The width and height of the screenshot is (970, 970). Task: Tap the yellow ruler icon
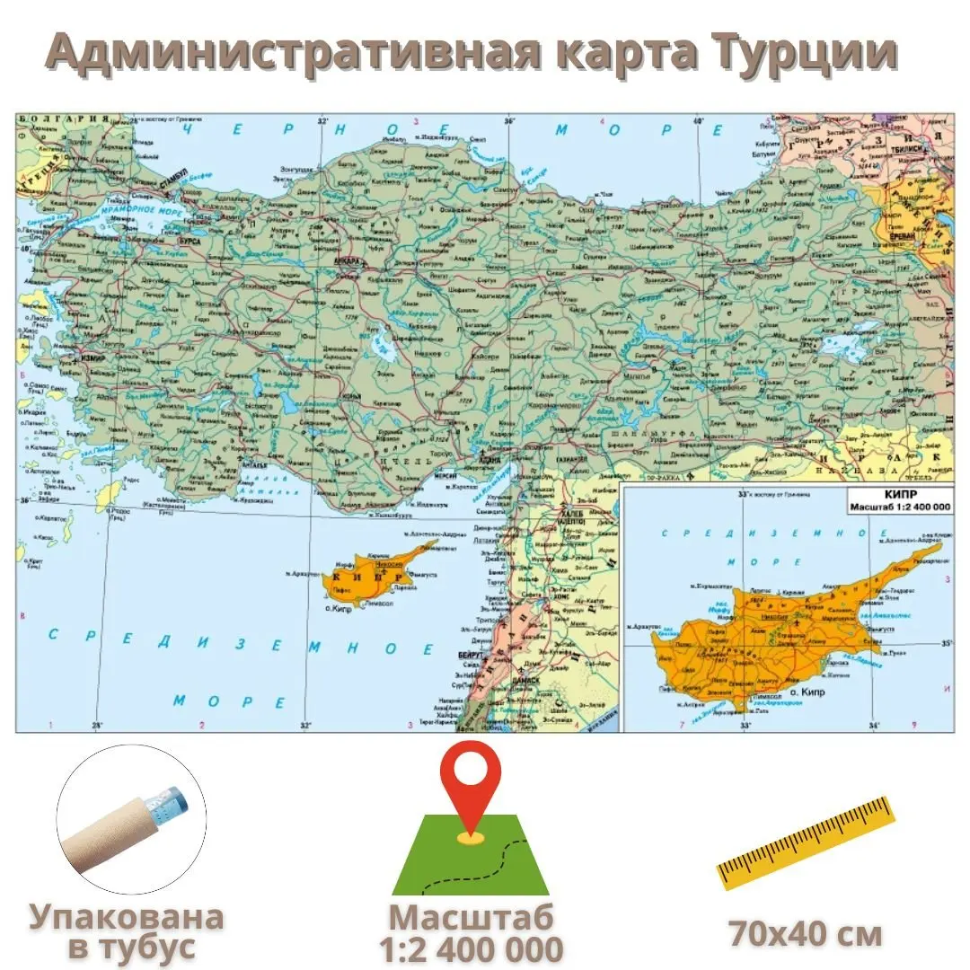tap(806, 842)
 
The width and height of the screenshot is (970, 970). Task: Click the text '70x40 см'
tap(805, 934)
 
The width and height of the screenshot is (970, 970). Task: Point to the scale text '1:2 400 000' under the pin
tap(471, 949)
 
